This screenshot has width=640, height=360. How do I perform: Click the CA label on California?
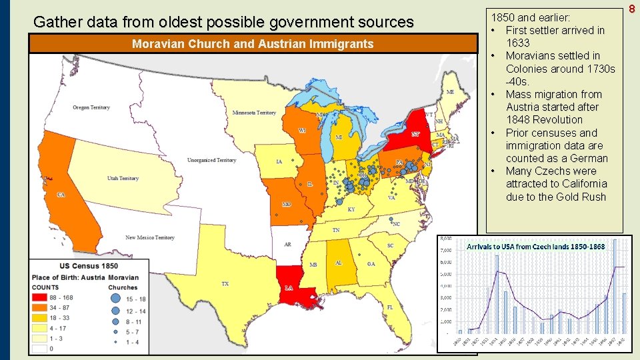pyautogui.click(x=61, y=195)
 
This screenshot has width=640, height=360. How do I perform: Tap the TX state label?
pyautogui.click(x=225, y=284)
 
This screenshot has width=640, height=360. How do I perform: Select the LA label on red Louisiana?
pyautogui.click(x=289, y=288)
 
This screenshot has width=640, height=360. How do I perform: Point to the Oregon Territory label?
pyautogui.click(x=91, y=107)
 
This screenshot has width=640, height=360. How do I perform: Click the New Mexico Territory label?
pyautogui.click(x=150, y=237)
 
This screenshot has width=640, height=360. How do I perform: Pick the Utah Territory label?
pyautogui.click(x=123, y=178)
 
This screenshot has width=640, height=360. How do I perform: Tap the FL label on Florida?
pyautogui.click(x=390, y=307)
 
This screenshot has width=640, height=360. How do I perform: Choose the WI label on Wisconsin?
pyautogui.click(x=302, y=131)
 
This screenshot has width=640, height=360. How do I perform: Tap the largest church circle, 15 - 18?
pyautogui.click(x=115, y=299)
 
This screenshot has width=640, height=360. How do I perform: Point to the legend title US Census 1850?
pyautogui.click(x=87, y=265)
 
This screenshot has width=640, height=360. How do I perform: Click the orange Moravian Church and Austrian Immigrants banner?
pyautogui.click(x=253, y=45)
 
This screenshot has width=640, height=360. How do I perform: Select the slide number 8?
pyautogui.click(x=632, y=8)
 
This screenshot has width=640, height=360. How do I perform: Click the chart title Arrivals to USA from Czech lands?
pyautogui.click(x=535, y=246)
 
